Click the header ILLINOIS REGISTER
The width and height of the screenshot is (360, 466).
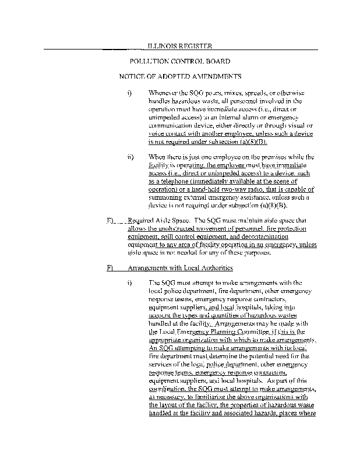pos(179,46)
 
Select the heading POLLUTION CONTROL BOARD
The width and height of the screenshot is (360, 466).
pos(180,61)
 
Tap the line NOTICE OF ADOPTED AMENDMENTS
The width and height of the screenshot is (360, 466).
pos(180,76)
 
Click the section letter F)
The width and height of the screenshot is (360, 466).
pos(110,269)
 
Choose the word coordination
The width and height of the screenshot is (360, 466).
pos(168,387)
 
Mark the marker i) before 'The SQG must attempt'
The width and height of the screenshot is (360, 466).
pos(130,283)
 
